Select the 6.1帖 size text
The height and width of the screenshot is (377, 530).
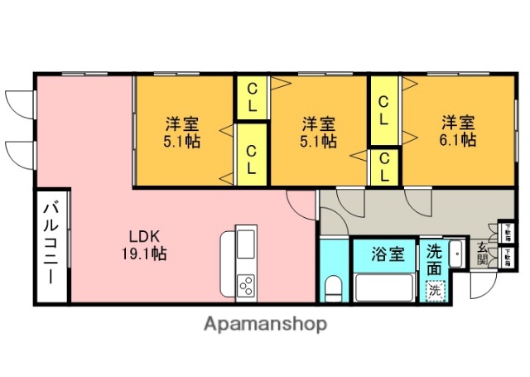(x=457, y=141)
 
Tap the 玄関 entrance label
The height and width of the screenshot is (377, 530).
(x=483, y=253)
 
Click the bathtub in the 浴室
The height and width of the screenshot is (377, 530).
(x=386, y=288)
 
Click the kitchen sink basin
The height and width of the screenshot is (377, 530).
(x=247, y=244)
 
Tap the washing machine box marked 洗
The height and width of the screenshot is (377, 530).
(x=435, y=290)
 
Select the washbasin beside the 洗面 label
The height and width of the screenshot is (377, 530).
(x=456, y=252)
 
